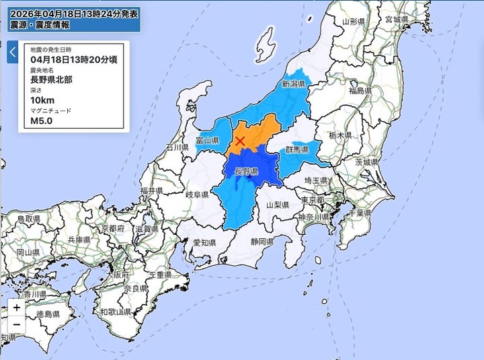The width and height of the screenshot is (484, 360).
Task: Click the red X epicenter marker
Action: click(x=239, y=141)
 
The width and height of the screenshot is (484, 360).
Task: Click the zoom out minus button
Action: click(x=16, y=326)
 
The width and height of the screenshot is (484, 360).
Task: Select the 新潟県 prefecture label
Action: click(x=294, y=85)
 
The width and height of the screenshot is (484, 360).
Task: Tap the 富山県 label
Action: click(x=207, y=141)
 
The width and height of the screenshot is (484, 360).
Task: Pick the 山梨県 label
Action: click(x=277, y=205)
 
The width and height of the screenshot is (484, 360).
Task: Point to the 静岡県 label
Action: click(x=262, y=241)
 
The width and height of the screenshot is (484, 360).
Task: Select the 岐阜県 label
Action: click(x=198, y=194)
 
